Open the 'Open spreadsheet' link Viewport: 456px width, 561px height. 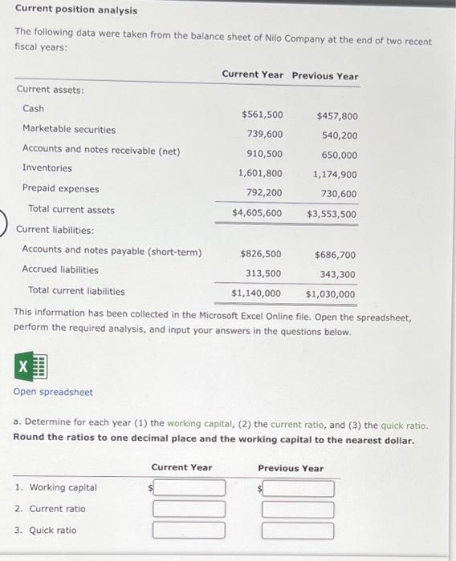(x=53, y=392)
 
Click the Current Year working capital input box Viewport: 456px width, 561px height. (x=189, y=488)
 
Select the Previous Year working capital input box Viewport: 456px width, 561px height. (x=298, y=488)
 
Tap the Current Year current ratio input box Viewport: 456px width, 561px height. (x=189, y=509)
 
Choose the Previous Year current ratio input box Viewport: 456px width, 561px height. (x=298, y=509)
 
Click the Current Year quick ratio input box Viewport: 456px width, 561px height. (x=189, y=530)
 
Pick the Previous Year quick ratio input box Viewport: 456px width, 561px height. (x=298, y=530)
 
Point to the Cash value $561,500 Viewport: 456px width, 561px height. (x=262, y=115)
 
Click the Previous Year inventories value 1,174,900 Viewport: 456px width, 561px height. (x=336, y=174)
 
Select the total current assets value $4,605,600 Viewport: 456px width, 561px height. (x=257, y=213)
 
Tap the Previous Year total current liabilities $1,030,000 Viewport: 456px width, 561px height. (x=330, y=294)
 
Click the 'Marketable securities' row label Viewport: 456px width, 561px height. (x=69, y=129)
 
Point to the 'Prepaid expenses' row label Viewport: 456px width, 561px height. (x=61, y=189)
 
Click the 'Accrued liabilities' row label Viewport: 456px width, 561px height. (x=60, y=270)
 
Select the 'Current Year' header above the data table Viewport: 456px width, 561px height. (x=252, y=75)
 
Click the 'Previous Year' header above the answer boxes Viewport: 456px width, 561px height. (x=291, y=468)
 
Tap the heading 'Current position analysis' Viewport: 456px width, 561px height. (x=75, y=10)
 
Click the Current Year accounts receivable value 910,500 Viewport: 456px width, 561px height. (x=264, y=154)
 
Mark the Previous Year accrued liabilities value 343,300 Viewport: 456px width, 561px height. (x=338, y=275)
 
